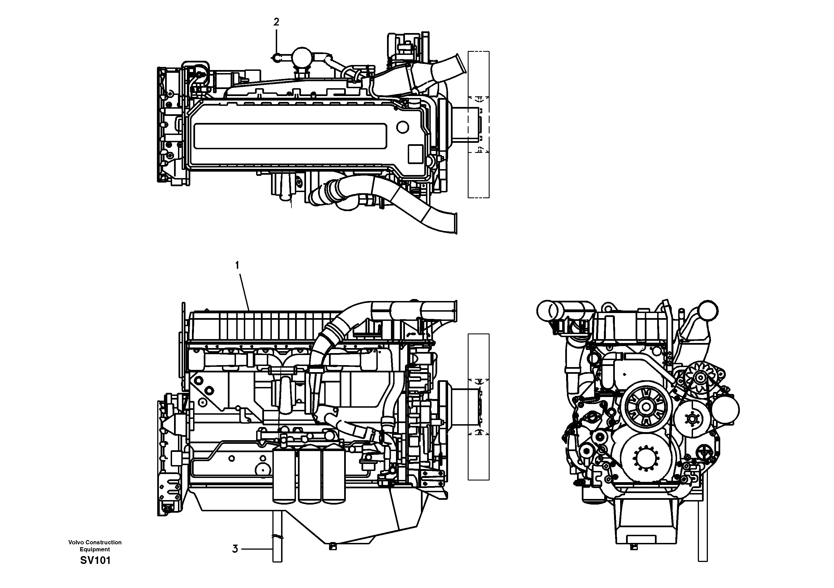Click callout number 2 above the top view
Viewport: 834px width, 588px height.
[276, 22]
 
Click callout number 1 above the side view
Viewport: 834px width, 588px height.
[237, 265]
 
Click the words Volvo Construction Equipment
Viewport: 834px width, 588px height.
[95, 545]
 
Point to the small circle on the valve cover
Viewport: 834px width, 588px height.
[402, 127]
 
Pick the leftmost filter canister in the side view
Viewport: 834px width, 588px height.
[284, 475]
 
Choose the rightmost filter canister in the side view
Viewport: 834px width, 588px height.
[333, 475]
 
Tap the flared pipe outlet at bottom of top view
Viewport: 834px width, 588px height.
[454, 223]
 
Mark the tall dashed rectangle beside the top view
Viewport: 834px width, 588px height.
[478, 125]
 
